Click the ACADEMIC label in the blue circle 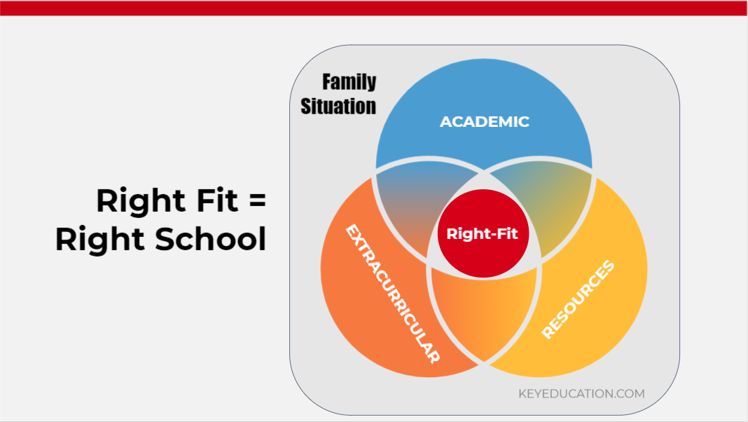pyautogui.click(x=484, y=122)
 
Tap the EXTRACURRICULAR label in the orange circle pyautogui.click(x=392, y=293)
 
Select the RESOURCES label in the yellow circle pyautogui.click(x=579, y=299)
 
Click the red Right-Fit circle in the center pyautogui.click(x=483, y=233)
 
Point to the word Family pyautogui.click(x=349, y=81)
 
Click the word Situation pyautogui.click(x=338, y=106)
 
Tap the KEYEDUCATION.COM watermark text pyautogui.click(x=581, y=394)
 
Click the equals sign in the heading pyautogui.click(x=258, y=200)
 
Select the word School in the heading pyautogui.click(x=210, y=238)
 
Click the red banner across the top pyautogui.click(x=374, y=8)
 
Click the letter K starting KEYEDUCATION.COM pyautogui.click(x=522, y=394)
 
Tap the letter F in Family pyautogui.click(x=327, y=81)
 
